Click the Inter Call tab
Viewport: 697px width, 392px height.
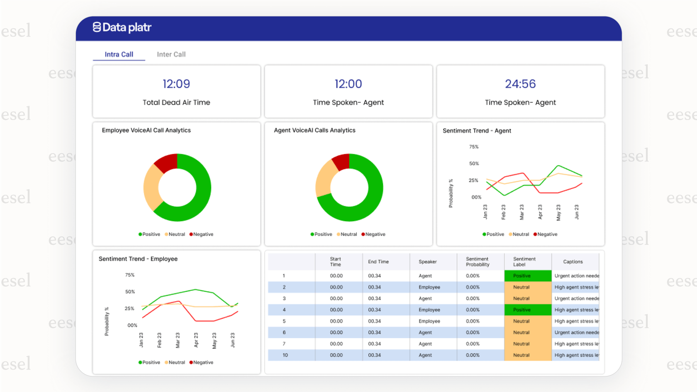171,54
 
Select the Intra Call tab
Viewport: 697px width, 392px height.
119,54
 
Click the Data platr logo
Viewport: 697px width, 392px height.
122,27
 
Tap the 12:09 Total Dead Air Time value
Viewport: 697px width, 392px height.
176,84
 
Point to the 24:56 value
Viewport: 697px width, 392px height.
520,84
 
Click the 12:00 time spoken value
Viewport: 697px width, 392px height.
348,84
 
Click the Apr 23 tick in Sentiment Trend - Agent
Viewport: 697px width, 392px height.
540,212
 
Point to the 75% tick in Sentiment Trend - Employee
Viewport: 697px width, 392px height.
130,275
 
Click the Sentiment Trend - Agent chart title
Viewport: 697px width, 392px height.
477,131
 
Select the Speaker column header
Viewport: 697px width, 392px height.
427,262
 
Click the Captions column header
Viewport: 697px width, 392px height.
573,262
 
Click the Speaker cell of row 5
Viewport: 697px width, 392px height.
429,321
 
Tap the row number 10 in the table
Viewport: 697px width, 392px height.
285,355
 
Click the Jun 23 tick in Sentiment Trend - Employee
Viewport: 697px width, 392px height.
232,340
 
